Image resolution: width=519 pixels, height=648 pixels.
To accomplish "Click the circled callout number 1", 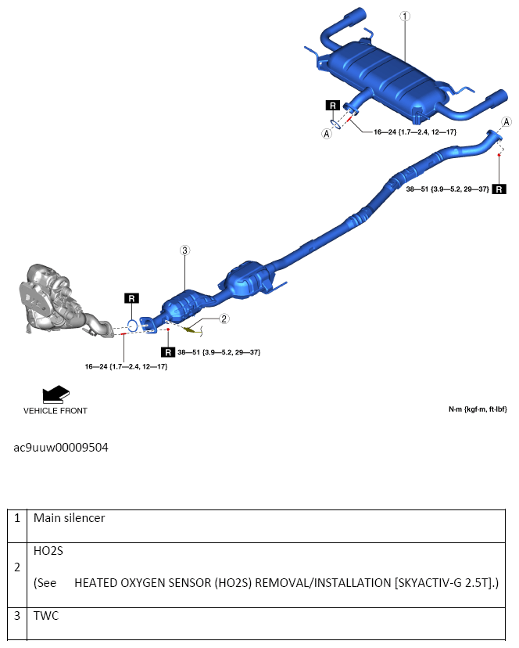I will click(x=404, y=16).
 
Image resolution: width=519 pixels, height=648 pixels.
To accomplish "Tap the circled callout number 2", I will click(x=224, y=319).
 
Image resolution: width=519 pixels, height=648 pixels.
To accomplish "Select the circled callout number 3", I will click(x=184, y=250).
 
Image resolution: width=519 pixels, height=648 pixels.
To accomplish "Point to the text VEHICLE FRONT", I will click(x=55, y=410).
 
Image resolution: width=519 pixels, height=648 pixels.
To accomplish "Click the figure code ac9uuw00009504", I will click(x=61, y=448).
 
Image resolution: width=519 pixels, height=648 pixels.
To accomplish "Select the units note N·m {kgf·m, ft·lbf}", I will click(x=477, y=409).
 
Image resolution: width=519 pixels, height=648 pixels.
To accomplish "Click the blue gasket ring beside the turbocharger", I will click(x=134, y=325).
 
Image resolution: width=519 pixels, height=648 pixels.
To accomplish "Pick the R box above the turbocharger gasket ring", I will click(x=131, y=298).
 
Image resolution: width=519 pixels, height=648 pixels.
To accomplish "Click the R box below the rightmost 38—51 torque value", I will click(x=499, y=189).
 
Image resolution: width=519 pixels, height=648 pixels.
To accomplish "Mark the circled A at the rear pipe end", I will click(x=506, y=122).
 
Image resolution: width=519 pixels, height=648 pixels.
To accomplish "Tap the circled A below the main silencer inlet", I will click(x=327, y=134).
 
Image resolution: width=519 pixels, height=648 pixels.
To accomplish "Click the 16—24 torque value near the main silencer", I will click(x=414, y=131).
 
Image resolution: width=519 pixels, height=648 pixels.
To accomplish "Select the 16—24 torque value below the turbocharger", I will click(x=126, y=366).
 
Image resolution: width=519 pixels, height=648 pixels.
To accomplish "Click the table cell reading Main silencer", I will click(x=70, y=518).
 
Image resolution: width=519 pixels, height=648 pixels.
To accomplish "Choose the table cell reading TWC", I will click(x=46, y=616).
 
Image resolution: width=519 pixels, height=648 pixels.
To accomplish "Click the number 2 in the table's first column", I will click(x=18, y=566).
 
